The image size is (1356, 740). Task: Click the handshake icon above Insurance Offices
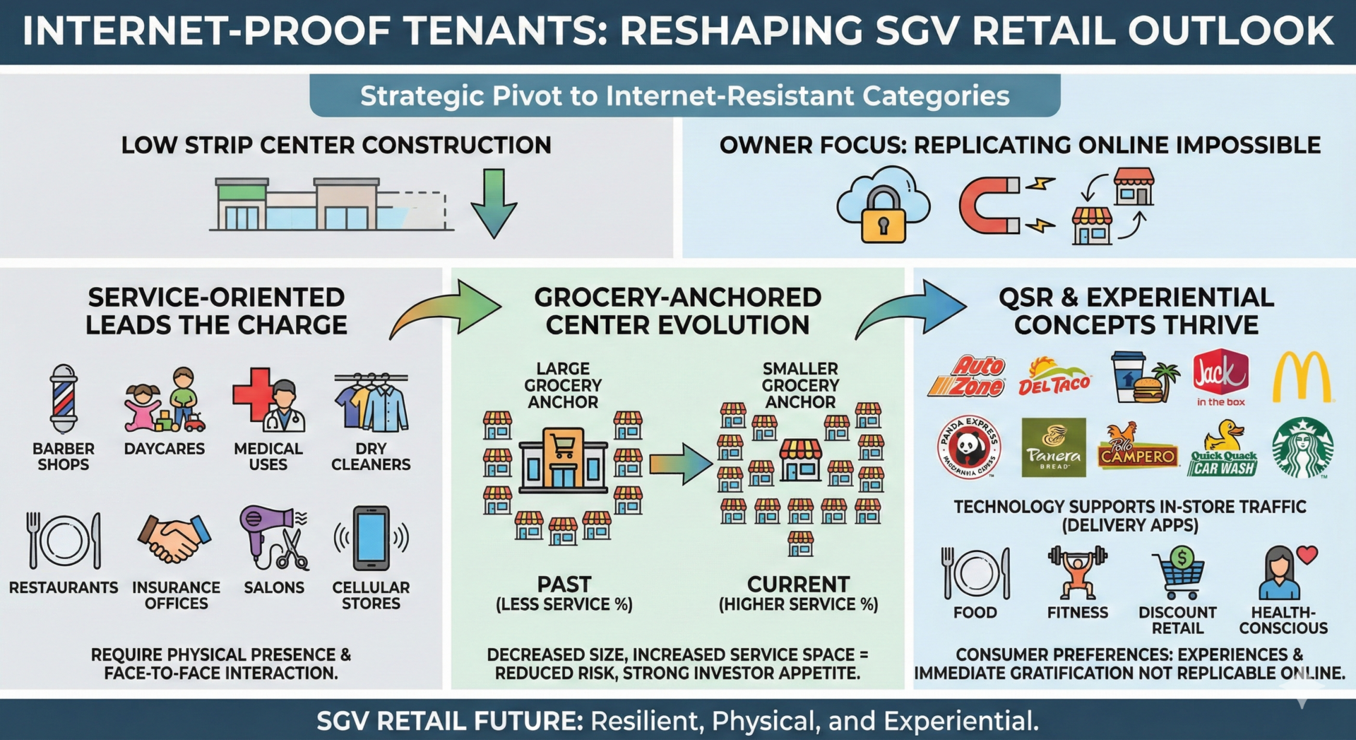[174, 538]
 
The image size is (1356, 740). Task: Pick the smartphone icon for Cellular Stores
[371, 538]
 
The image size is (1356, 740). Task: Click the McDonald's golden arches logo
[1302, 377]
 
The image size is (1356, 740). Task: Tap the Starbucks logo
[1302, 447]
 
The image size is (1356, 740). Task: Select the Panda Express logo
[968, 447]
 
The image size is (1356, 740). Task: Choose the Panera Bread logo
[1054, 447]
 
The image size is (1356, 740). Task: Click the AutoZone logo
[968, 377]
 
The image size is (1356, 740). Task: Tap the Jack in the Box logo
[1220, 375]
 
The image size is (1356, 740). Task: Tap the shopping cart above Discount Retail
[1178, 572]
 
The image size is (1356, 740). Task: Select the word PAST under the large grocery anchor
[564, 585]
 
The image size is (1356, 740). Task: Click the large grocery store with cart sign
[563, 459]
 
